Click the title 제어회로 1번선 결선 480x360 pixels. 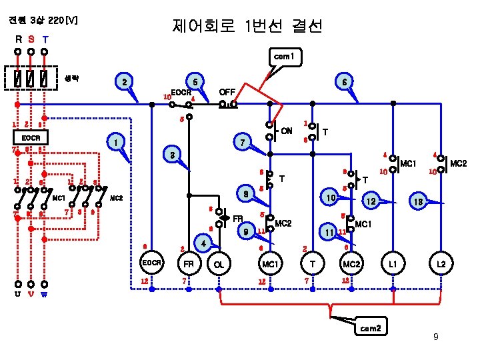click(247, 27)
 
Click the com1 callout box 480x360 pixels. click(284, 57)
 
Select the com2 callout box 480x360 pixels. click(371, 328)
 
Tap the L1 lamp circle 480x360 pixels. click(393, 265)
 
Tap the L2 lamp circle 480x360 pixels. click(441, 265)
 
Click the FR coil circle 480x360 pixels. click(189, 265)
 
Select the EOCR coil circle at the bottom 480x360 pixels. click(151, 265)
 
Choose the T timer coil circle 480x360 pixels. click(313, 265)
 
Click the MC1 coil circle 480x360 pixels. click(269, 265)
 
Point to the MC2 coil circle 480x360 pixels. click(351, 265)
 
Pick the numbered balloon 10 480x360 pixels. click(329, 199)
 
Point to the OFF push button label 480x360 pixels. click(227, 91)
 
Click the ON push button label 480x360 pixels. click(286, 130)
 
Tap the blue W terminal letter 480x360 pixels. click(44, 294)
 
